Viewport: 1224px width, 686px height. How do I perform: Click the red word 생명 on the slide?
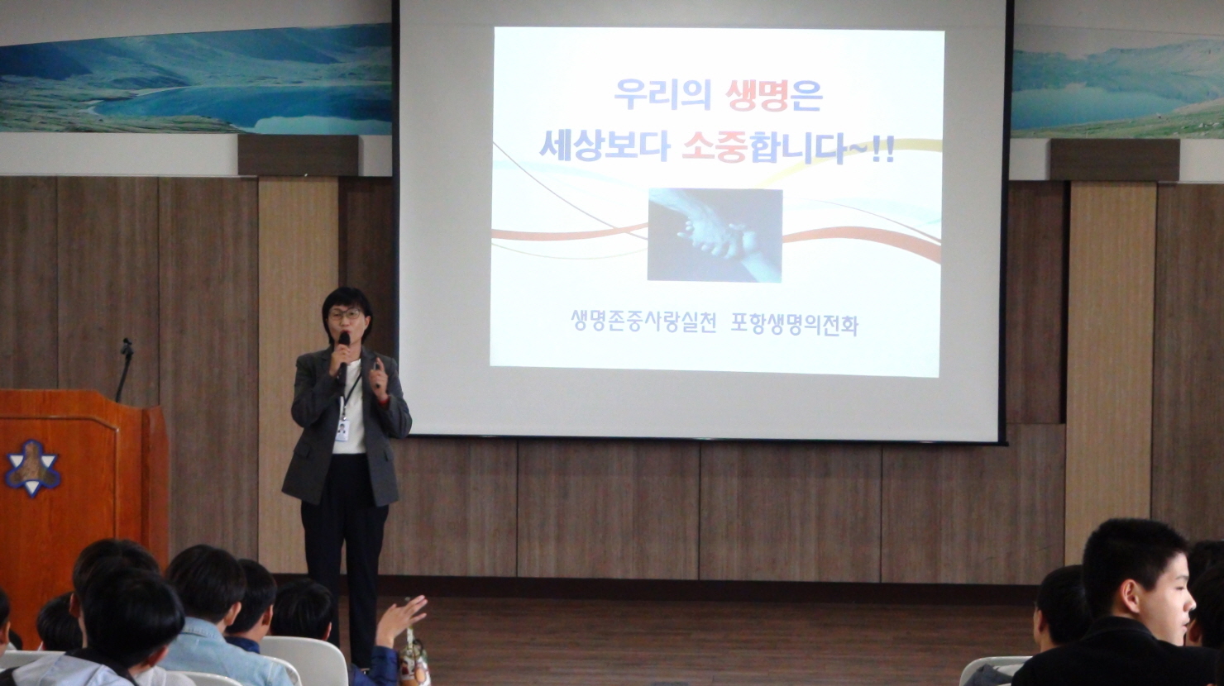pyautogui.click(x=758, y=94)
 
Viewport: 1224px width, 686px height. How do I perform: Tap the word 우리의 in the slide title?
pyautogui.click(x=662, y=94)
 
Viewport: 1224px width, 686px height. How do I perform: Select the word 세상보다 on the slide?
pyautogui.click(x=605, y=145)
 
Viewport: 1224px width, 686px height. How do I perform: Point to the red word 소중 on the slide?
pyautogui.click(x=715, y=146)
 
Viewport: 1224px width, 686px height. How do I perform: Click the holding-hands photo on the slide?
pyautogui.click(x=715, y=235)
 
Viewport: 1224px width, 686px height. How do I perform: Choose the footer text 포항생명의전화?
pyautogui.click(x=795, y=323)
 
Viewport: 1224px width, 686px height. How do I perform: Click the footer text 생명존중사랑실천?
pyautogui.click(x=643, y=322)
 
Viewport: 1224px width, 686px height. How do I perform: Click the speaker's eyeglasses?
pyautogui.click(x=345, y=315)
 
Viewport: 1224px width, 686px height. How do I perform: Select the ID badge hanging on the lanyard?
pyautogui.click(x=342, y=430)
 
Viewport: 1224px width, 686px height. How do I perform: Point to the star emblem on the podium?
pyautogui.click(x=32, y=468)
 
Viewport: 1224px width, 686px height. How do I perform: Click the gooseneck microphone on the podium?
pyautogui.click(x=125, y=369)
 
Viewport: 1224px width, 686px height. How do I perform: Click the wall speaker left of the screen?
pyautogui.click(x=299, y=155)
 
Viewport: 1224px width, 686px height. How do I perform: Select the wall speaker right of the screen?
pyautogui.click(x=1115, y=160)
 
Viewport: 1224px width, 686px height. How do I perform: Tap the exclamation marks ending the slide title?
pyautogui.click(x=883, y=150)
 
